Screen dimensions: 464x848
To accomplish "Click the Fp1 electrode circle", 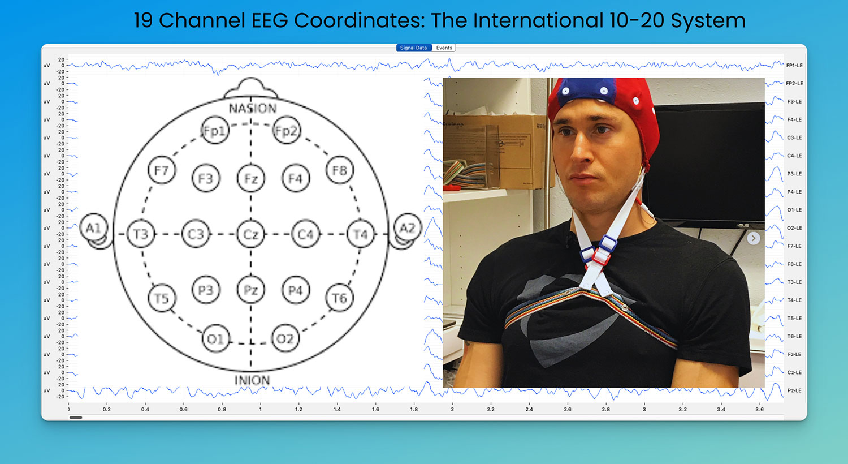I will click(215, 131).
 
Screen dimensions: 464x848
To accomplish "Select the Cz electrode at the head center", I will click(251, 234).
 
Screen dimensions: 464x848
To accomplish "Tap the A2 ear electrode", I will click(407, 228).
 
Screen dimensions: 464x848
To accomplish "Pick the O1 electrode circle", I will click(215, 338).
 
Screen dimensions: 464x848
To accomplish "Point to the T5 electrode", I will click(162, 298).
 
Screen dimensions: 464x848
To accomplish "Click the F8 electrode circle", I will click(339, 170).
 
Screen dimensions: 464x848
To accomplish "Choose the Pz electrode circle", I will click(251, 290).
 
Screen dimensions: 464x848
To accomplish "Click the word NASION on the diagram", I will click(252, 108).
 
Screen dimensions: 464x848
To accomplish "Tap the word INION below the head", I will click(252, 380).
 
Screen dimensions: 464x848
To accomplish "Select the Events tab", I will click(444, 48).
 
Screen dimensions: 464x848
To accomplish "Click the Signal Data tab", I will click(413, 48).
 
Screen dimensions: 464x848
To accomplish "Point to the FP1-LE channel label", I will click(794, 65).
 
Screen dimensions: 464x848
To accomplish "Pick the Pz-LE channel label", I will click(794, 390).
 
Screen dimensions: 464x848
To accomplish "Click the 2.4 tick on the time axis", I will click(529, 409).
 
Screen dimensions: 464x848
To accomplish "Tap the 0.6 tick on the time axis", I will click(184, 409).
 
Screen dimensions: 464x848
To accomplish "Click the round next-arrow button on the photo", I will click(753, 238).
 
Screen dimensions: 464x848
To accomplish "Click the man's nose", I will click(581, 152).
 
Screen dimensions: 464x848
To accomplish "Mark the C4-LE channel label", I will click(794, 156).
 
